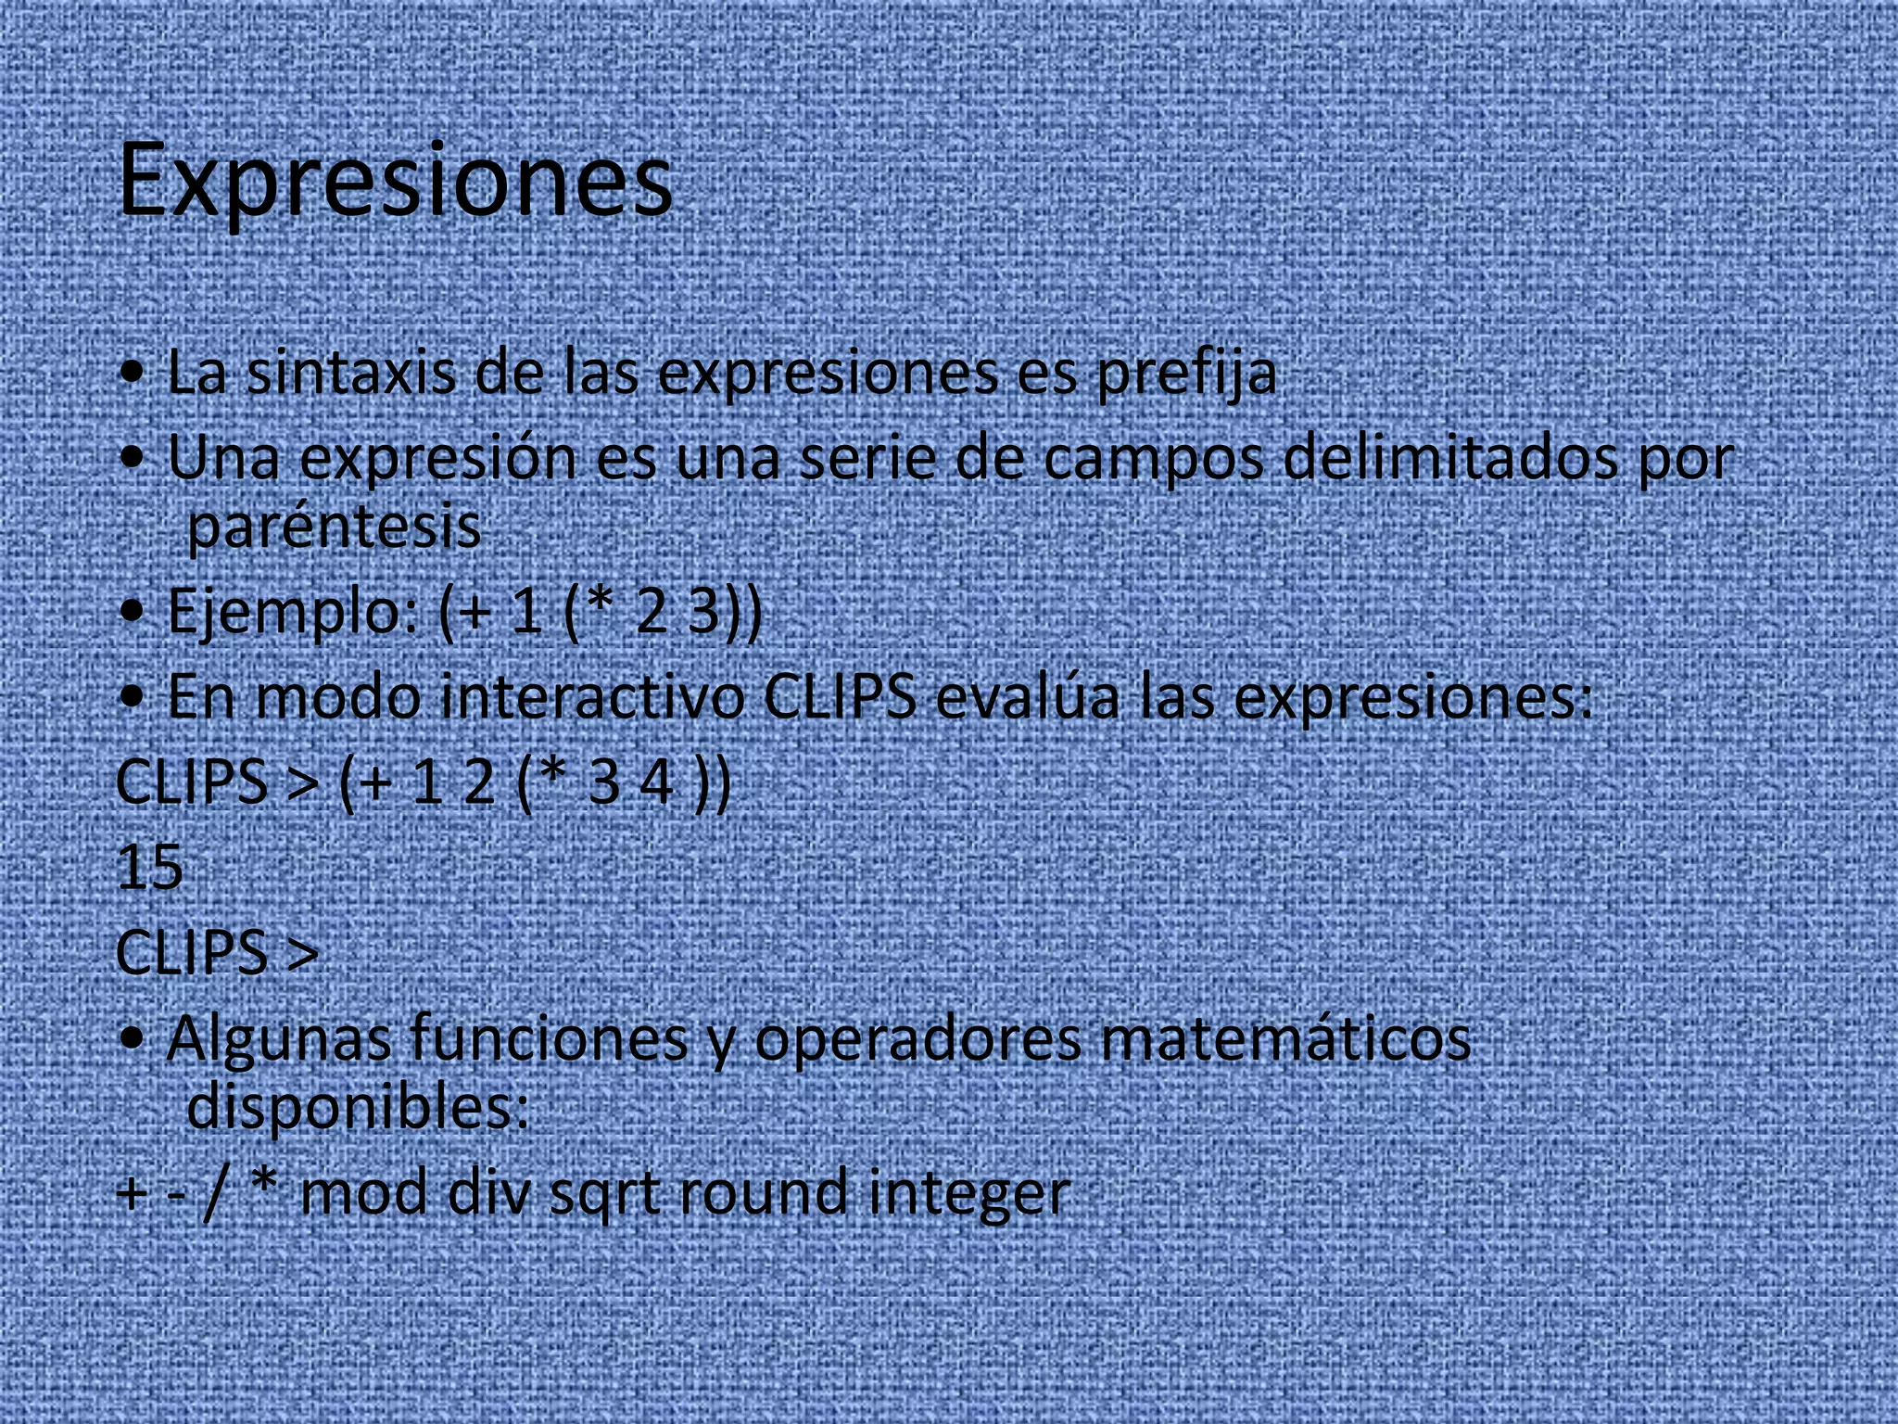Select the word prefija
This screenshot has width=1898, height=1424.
(1186, 374)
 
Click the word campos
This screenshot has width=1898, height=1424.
(1154, 459)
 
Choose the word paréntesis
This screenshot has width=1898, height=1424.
(335, 527)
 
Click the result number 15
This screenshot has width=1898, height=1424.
(149, 868)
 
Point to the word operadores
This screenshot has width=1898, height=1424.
(917, 1039)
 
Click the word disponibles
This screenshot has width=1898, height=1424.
(357, 1106)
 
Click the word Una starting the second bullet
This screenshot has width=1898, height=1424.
(223, 459)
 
